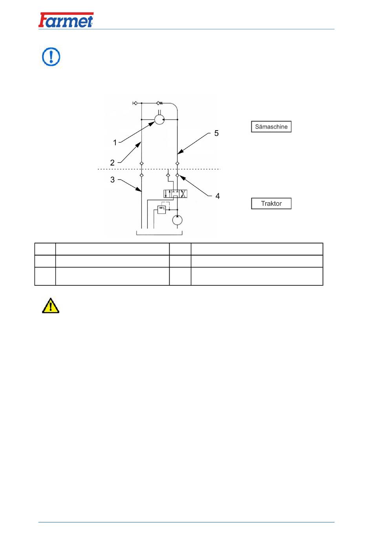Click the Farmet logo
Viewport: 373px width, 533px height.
click(66, 20)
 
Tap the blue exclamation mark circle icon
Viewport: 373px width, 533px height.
click(51, 56)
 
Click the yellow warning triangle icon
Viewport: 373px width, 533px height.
click(51, 306)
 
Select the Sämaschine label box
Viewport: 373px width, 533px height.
click(271, 127)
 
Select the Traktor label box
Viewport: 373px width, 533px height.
click(271, 203)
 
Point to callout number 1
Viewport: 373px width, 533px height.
click(115, 143)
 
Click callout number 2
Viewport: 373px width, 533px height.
click(112, 163)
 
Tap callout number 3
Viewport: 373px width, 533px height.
click(113, 179)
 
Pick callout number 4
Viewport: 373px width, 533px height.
click(218, 196)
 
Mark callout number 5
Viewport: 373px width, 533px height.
click(216, 133)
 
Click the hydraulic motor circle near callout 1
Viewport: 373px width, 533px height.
click(159, 120)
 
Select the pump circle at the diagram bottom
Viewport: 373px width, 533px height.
click(177, 220)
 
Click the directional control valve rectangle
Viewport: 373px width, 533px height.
click(176, 194)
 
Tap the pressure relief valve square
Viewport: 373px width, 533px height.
click(162, 210)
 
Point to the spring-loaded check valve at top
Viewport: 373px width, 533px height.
click(159, 103)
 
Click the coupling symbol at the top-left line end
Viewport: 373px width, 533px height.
click(135, 103)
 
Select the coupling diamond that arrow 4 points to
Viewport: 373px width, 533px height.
click(177, 175)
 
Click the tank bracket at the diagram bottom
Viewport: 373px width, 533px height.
click(159, 235)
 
